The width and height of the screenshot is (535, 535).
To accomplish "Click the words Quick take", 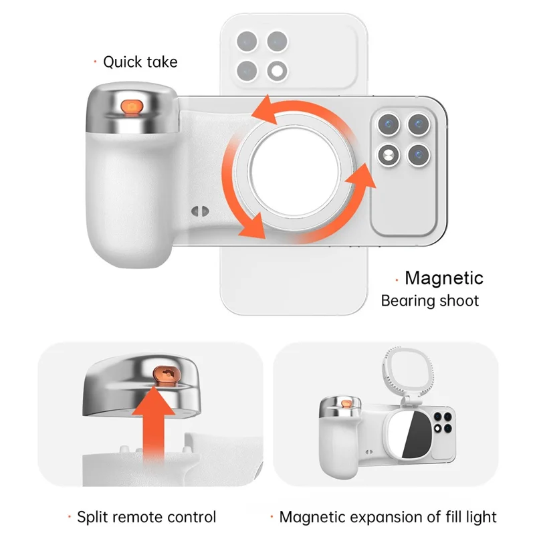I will point(140,62).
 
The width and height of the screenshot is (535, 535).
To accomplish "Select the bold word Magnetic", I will point(444,278).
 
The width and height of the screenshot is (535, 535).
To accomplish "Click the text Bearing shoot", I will point(430,300).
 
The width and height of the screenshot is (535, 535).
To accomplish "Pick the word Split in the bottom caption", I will point(94,517).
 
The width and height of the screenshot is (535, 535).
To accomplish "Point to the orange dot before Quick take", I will point(95,62).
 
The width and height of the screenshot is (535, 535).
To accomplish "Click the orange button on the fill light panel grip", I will point(347,403).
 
